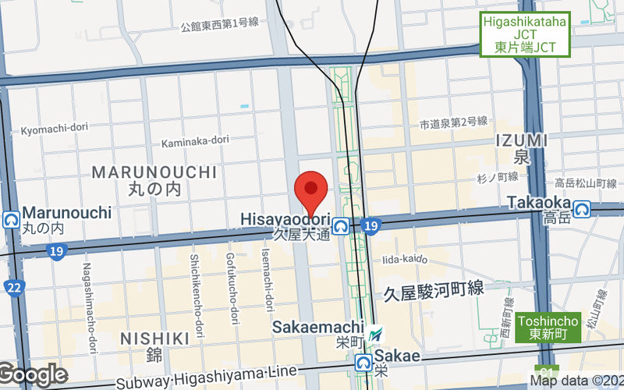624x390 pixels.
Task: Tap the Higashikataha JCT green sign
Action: click(525, 35)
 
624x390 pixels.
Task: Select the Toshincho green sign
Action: click(547, 327)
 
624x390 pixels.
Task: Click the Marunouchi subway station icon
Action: click(12, 219)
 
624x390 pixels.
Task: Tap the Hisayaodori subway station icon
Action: click(340, 226)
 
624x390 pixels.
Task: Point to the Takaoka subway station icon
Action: click(581, 208)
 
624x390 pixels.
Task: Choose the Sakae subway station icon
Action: click(363, 362)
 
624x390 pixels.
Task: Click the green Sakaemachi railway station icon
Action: click(377, 334)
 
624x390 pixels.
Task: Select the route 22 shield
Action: click(13, 286)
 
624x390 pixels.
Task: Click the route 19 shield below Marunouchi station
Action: click(56, 251)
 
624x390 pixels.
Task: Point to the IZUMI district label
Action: click(521, 140)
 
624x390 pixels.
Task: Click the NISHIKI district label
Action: click(155, 339)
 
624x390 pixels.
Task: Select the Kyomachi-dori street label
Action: click(53, 129)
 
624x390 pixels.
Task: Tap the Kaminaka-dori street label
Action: click(195, 142)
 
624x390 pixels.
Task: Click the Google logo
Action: click(33, 375)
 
